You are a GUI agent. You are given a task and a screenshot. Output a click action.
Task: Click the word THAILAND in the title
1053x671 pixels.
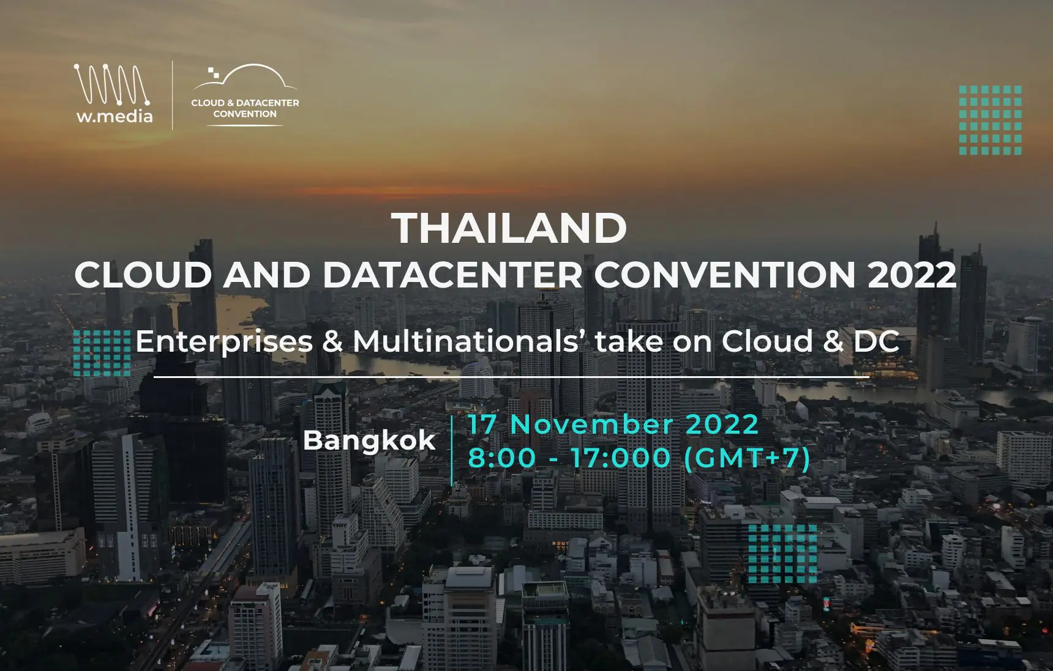pyautogui.click(x=509, y=228)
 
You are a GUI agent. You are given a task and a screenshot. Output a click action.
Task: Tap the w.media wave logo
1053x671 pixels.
pyautogui.click(x=112, y=84)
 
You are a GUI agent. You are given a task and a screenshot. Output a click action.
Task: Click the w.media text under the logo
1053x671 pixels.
pyautogui.click(x=114, y=116)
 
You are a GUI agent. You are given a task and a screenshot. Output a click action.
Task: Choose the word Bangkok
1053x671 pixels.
pyautogui.click(x=369, y=440)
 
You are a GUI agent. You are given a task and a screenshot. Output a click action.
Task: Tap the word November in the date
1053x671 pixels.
pyautogui.click(x=591, y=424)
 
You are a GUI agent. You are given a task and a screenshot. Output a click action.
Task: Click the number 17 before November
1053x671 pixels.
pyautogui.click(x=483, y=424)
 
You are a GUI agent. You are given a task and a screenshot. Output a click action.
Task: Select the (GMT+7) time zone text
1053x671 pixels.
pyautogui.click(x=747, y=458)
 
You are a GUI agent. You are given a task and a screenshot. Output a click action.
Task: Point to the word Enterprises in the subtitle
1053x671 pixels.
pyautogui.click(x=224, y=341)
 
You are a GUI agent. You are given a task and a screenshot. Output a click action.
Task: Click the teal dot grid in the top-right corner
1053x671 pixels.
pyautogui.click(x=990, y=120)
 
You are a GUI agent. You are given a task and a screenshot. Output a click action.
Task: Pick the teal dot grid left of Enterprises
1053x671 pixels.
pyautogui.click(x=102, y=353)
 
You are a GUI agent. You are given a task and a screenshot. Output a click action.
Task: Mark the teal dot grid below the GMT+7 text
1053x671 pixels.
pyautogui.click(x=782, y=554)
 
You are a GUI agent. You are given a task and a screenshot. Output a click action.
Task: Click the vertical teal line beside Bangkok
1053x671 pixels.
pyautogui.click(x=452, y=451)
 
